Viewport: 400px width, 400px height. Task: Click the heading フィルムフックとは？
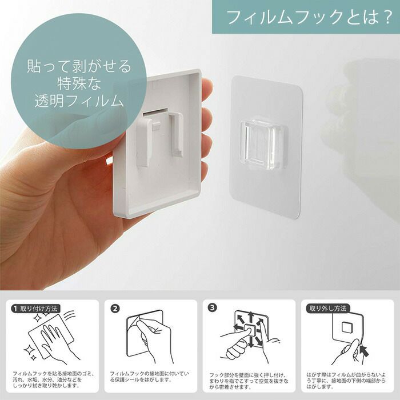pyautogui.click(x=309, y=17)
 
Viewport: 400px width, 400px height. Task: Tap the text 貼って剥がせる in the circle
pyautogui.click(x=79, y=66)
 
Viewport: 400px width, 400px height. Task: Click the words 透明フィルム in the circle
pyautogui.click(x=79, y=100)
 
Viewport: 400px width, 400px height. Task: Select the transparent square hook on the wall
pyautogui.click(x=263, y=145)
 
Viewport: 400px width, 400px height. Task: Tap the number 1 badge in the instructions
pyautogui.click(x=15, y=309)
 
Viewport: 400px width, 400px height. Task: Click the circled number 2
pyautogui.click(x=115, y=309)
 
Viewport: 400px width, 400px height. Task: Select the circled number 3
pyautogui.click(x=212, y=307)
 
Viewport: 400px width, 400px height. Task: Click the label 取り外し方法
pyautogui.click(x=328, y=309)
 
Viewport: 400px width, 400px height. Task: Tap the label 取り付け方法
pyautogui.click(x=39, y=309)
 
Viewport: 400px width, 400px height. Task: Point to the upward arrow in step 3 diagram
pyautogui.click(x=251, y=317)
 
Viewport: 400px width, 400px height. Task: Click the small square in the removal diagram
pyautogui.click(x=347, y=327)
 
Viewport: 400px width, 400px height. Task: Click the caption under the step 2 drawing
pyautogui.click(x=149, y=377)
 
